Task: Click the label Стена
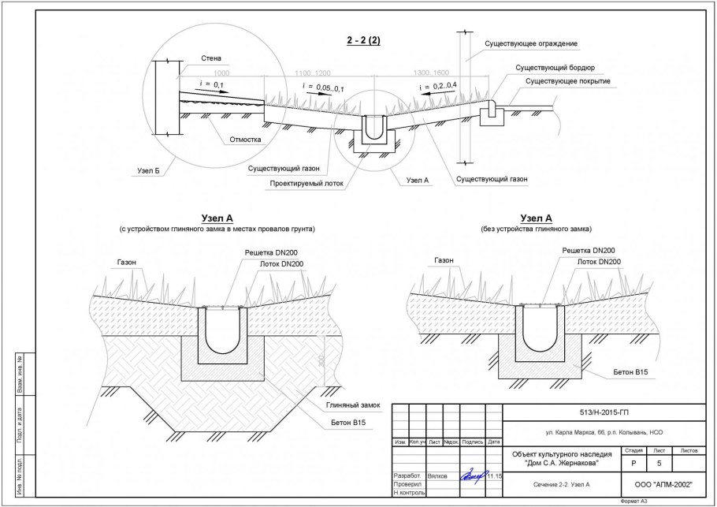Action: (211, 58)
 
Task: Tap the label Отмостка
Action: (245, 140)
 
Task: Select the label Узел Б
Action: (147, 170)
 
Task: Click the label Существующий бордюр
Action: (549, 69)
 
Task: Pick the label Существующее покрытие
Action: (567, 81)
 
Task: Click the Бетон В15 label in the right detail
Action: (630, 370)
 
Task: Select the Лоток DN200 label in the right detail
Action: (598, 261)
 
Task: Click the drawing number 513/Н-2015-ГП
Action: (604, 412)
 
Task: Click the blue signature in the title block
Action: (473, 475)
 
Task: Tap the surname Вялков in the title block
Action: (438, 476)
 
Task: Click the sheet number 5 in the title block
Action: (659, 464)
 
